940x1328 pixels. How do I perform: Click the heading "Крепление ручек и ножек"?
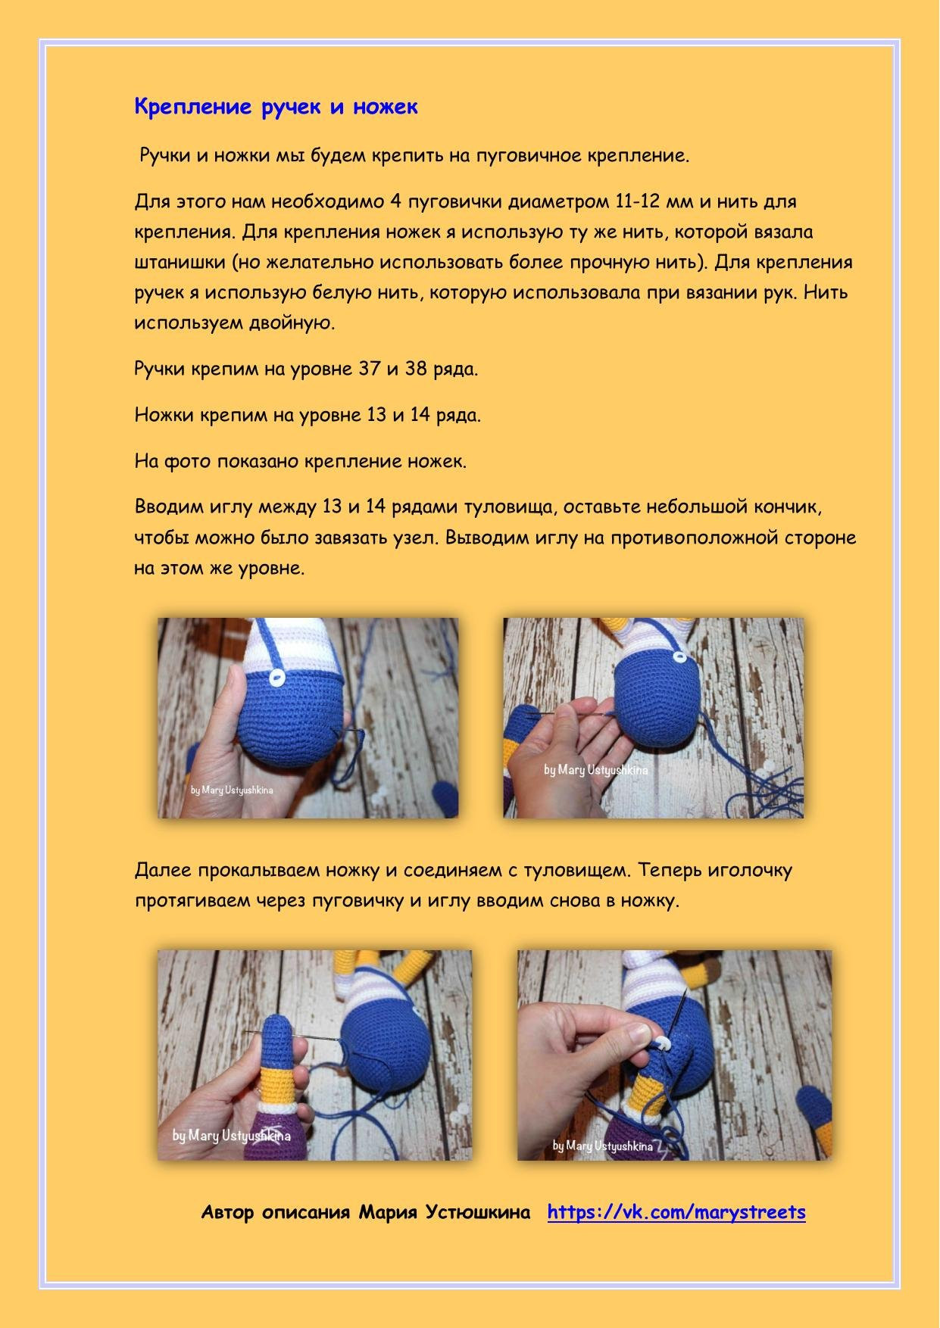click(x=276, y=107)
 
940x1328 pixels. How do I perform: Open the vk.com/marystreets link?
click(x=676, y=1212)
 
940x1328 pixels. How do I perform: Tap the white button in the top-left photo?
click(x=278, y=676)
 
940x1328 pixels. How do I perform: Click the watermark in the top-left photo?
click(x=232, y=790)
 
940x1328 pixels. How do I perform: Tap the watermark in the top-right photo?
click(x=595, y=770)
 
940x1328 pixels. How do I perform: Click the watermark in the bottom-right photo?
click(x=602, y=1146)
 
